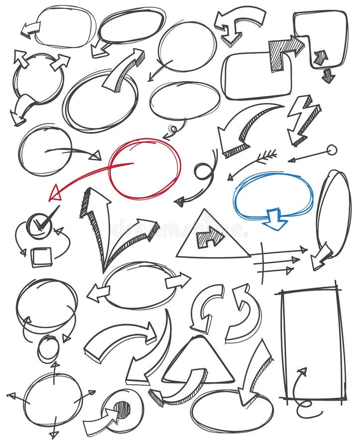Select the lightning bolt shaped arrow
(x=302, y=119)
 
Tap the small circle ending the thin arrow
(x=332, y=150)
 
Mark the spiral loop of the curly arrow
(x=204, y=172)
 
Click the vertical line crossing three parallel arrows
(x=262, y=263)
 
